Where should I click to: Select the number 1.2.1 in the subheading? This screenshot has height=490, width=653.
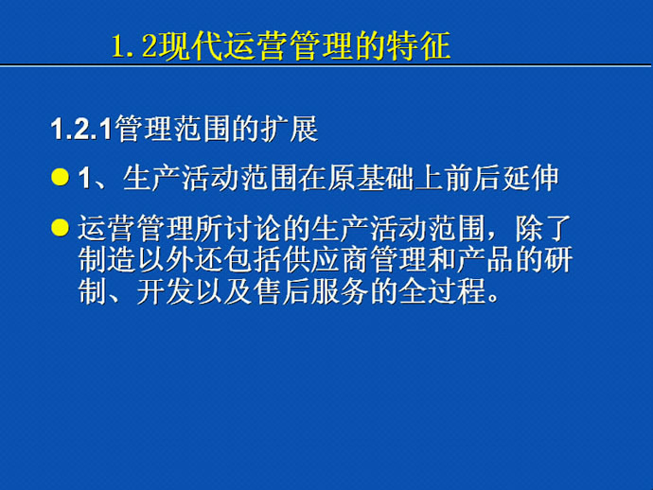point(81,129)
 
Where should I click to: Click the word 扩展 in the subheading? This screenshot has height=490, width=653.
point(290,129)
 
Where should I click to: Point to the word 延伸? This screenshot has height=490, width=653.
point(530,178)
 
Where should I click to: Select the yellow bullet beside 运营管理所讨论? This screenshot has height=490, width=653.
point(60,227)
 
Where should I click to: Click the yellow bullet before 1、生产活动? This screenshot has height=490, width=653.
point(60,177)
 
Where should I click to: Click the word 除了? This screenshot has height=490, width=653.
point(543,228)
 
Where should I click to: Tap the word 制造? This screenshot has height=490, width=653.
point(107,260)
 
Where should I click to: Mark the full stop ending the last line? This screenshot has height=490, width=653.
point(494,298)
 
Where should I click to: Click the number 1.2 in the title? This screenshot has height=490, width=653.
point(133,46)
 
